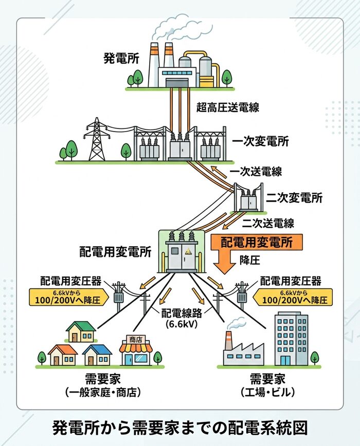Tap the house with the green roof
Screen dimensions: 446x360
[81, 332]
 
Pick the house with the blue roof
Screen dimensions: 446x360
[97, 355]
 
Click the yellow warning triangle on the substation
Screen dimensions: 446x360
[188, 251]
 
